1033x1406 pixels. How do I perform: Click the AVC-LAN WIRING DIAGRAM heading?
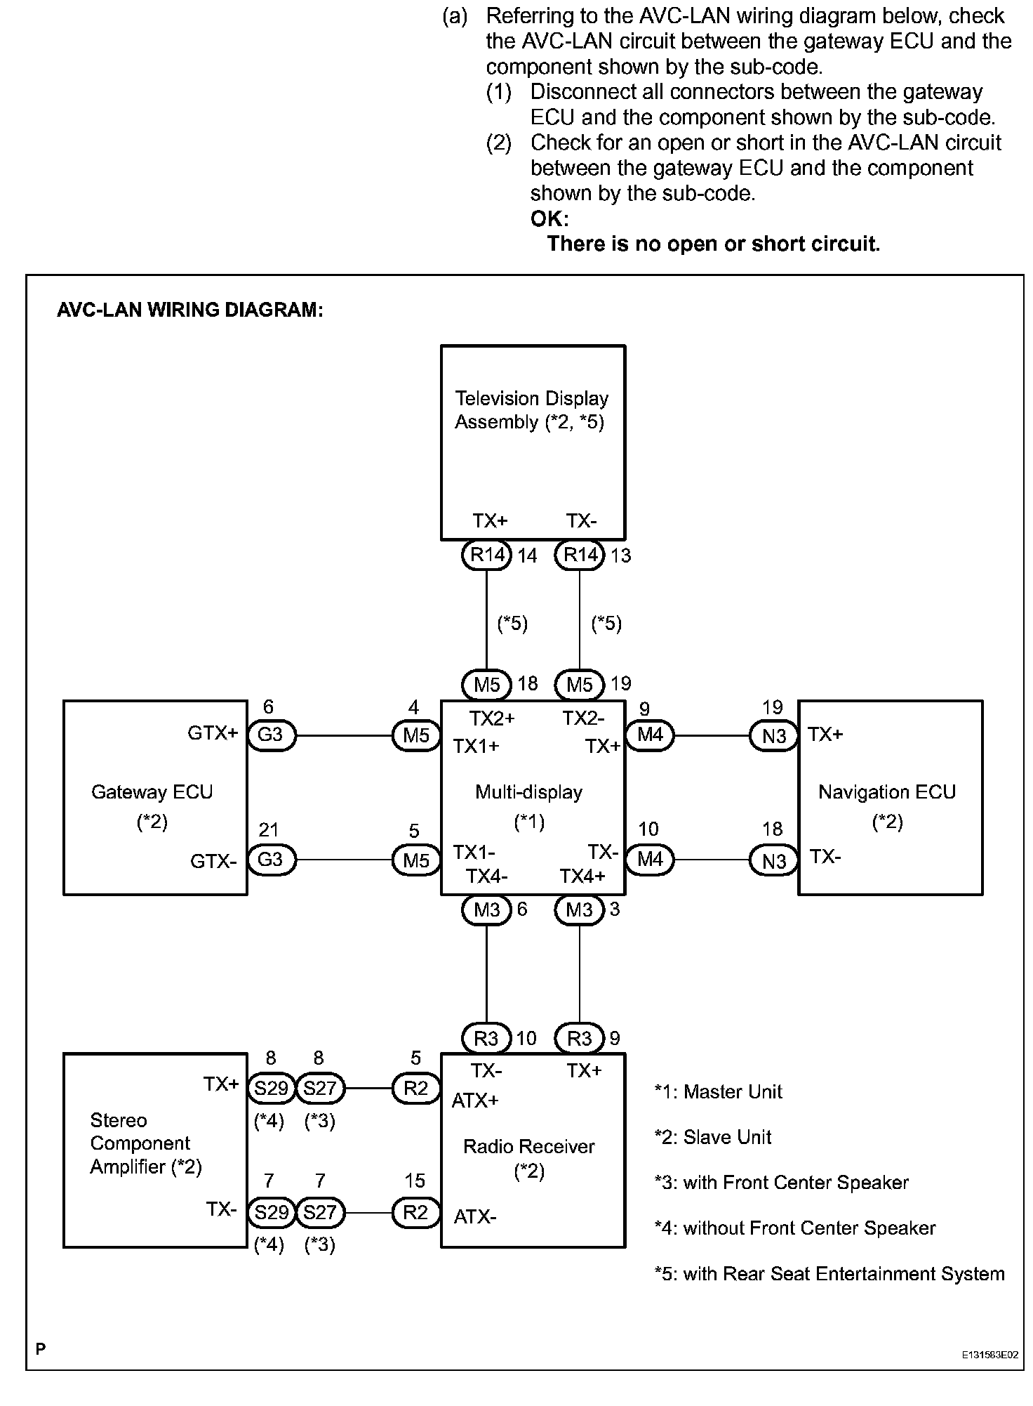click(190, 310)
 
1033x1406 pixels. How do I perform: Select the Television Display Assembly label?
click(531, 410)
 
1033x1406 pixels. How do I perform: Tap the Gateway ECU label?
click(152, 792)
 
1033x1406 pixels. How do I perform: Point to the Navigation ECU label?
click(887, 792)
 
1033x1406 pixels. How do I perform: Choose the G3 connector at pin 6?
click(271, 735)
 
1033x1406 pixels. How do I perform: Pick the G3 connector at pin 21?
click(271, 860)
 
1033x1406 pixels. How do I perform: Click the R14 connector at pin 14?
click(486, 556)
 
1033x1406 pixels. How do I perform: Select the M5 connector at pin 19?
click(579, 684)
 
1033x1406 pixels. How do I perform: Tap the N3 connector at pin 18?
click(774, 861)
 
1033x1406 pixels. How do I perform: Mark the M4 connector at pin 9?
click(650, 735)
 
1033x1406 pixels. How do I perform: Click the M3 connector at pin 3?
click(579, 910)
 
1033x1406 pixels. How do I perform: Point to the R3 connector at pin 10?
click(486, 1039)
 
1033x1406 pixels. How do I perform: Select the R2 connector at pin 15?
click(415, 1213)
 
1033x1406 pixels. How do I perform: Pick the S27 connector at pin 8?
click(321, 1089)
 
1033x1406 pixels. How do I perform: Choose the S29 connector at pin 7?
click(271, 1213)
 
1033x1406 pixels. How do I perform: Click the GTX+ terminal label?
click(213, 733)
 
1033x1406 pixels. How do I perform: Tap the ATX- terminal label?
click(475, 1216)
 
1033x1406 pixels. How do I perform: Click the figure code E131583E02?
click(989, 1355)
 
